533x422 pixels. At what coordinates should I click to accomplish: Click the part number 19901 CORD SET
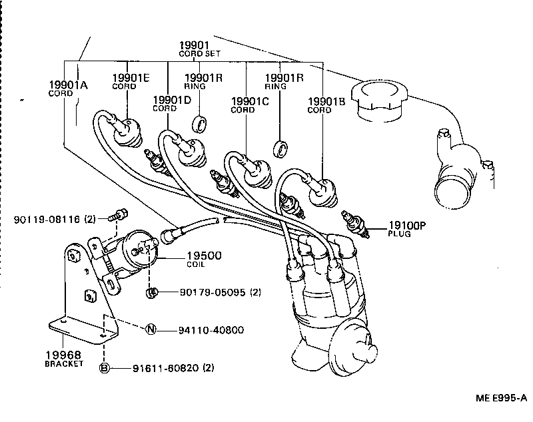[x=199, y=48]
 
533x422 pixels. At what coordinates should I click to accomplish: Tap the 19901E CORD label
[x=130, y=81]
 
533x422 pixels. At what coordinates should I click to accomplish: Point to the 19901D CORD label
[x=171, y=103]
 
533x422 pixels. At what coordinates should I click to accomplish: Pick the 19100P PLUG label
[x=407, y=228]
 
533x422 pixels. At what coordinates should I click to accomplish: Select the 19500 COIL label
[x=203, y=258]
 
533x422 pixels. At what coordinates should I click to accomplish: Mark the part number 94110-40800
[x=211, y=329]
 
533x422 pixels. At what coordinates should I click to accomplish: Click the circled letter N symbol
[x=151, y=329]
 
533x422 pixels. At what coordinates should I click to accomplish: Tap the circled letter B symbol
[x=105, y=367]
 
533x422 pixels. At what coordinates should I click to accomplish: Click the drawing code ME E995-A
[x=501, y=397]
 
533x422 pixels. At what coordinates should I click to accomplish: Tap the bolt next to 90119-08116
[x=120, y=214]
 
